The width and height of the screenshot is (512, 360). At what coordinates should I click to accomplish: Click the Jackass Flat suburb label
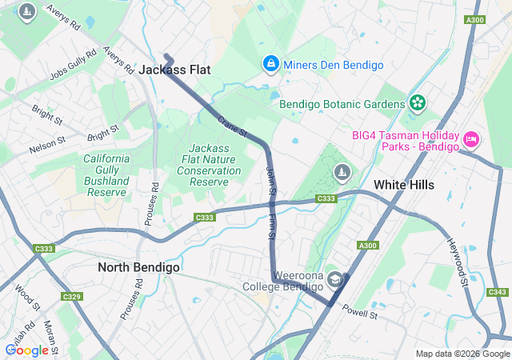point(174,70)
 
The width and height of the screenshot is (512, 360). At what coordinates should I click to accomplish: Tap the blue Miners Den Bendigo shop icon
point(271,63)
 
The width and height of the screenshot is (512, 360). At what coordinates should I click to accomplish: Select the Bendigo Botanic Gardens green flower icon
point(417,102)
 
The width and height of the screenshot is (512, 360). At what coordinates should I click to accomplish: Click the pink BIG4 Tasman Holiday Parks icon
point(471,140)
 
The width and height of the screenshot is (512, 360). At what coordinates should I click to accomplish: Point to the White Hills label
point(404,185)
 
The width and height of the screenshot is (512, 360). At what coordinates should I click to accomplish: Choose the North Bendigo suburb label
point(138,266)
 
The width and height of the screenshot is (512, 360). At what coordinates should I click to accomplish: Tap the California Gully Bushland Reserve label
point(106,175)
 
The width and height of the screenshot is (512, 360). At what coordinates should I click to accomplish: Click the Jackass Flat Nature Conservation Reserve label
point(209,165)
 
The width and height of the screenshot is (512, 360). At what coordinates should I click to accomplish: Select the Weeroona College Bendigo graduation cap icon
point(334,279)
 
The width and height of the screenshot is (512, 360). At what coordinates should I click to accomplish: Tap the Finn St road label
point(271,224)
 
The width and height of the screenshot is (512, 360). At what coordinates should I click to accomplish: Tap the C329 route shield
point(72,297)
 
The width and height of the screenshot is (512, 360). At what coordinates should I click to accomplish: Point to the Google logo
point(26,350)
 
